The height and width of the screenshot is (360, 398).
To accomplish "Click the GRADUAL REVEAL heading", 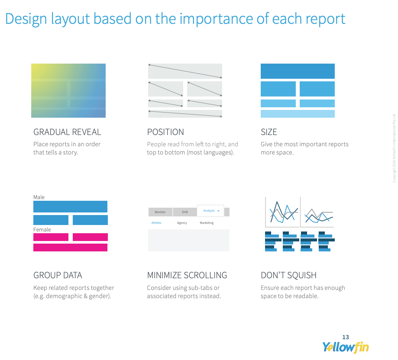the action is [67, 132].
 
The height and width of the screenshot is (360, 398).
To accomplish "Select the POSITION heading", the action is [165, 132].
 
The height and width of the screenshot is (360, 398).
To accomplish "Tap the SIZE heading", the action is [269, 132].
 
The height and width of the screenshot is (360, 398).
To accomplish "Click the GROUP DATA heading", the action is [58, 275].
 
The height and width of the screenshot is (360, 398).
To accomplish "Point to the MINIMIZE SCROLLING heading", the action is [187, 275].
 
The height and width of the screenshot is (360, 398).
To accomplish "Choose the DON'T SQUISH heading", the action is [288, 275].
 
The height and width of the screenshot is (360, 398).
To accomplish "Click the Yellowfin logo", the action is [346, 347].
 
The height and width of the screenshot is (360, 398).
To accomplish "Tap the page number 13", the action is [346, 337].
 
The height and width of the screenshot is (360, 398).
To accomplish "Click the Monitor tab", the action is [160, 212].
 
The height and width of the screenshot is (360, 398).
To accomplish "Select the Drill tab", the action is [185, 212].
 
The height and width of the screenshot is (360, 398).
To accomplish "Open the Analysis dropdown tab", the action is [210, 211].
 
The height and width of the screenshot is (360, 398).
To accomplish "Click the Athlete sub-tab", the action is [156, 223].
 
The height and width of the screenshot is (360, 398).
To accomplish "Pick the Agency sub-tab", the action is [182, 223].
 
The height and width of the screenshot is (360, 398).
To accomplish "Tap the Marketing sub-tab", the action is [207, 223].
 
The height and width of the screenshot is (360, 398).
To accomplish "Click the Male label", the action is [39, 197].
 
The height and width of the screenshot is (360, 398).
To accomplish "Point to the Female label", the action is [42, 230].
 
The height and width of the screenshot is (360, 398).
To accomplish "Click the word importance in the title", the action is [216, 19].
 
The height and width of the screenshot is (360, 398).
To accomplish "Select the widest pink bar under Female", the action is [70, 247].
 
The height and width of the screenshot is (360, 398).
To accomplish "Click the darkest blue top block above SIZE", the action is [298, 71].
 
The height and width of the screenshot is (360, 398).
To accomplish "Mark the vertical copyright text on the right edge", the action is [394, 148].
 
